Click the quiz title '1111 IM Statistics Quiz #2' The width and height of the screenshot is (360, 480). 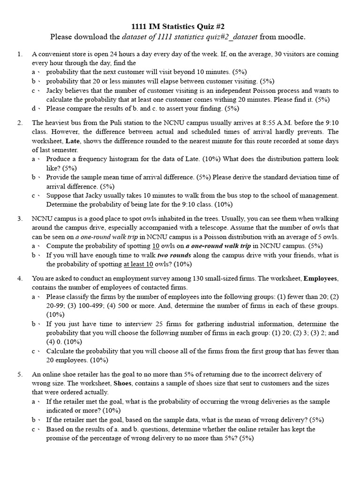click(x=180, y=26)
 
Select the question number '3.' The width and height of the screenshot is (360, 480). click(x=20, y=218)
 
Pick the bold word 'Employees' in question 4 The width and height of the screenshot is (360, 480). click(x=321, y=278)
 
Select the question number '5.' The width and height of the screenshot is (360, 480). click(x=20, y=374)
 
